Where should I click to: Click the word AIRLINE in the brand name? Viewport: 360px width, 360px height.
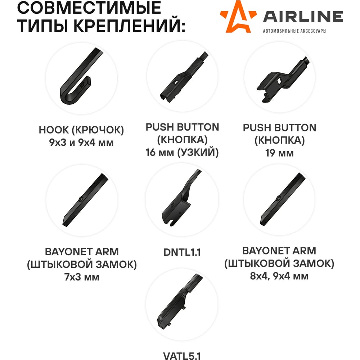303,17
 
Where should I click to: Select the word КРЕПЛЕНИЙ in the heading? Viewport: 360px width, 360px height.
129,26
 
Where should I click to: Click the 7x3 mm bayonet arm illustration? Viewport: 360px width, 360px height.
85,200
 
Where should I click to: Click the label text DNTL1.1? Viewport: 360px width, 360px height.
182,252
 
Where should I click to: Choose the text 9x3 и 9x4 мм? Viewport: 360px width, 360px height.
81,143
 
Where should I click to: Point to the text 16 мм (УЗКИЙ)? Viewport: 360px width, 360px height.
182,152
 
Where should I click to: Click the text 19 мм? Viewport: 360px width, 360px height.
279,153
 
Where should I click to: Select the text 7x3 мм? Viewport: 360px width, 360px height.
82,277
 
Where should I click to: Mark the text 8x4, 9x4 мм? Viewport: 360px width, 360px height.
279,276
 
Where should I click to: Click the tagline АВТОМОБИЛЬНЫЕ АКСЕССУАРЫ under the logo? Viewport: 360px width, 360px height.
294,31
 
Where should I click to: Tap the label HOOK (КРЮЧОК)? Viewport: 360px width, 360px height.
81,130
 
